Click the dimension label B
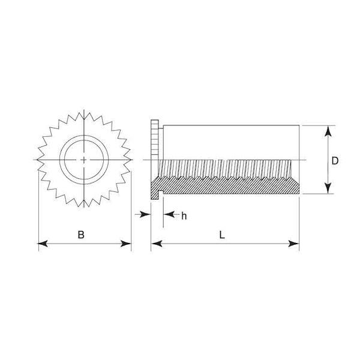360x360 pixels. tap(81, 235)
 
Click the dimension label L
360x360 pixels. tap(222, 235)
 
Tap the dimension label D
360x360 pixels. tap(335, 161)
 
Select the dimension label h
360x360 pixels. tap(184, 216)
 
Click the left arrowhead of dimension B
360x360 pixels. tap(43, 244)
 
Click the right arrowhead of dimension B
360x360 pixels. tap(126, 244)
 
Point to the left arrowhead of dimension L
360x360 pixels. tap(157, 244)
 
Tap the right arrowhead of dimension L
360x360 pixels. tap(294, 244)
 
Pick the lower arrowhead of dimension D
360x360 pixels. tap(329, 188)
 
